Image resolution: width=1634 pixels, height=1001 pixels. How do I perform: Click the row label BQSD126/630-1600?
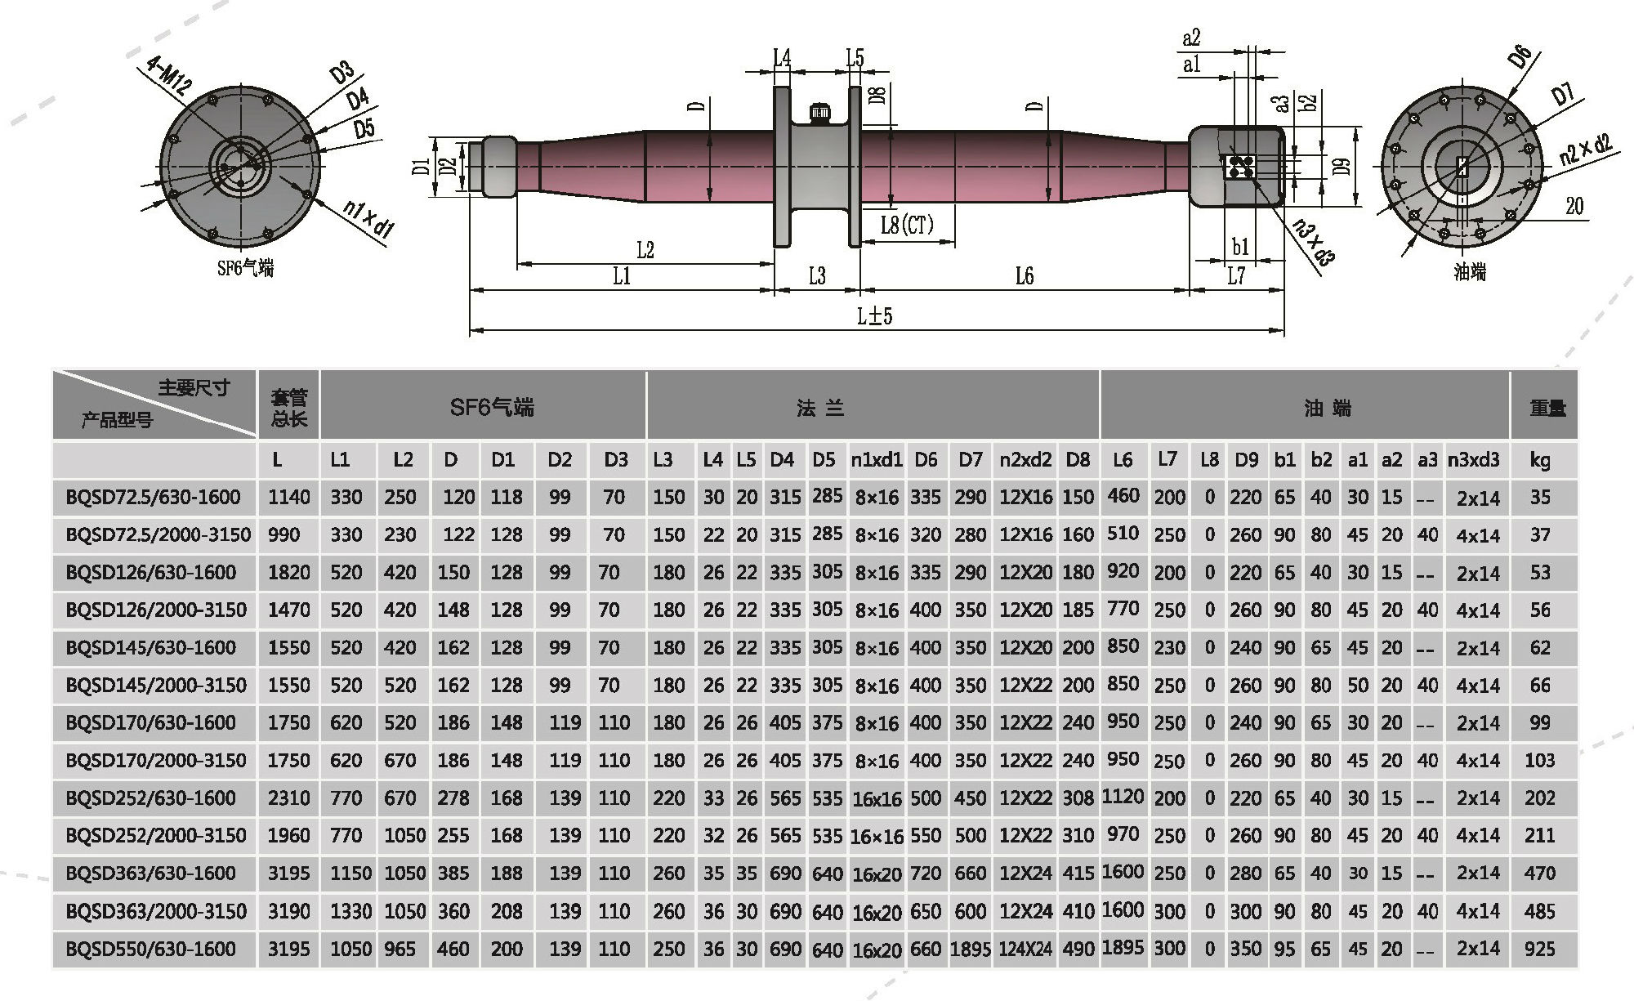pos(151,572)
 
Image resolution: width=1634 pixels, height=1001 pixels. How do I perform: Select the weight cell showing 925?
pos(1539,949)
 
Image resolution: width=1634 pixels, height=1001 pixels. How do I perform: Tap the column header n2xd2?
pos(1025,460)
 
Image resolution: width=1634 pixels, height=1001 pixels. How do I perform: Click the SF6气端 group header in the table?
pos(492,407)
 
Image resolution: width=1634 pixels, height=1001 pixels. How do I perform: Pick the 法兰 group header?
pos(820,407)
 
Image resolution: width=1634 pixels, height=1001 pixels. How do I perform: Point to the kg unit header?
pos(1539,460)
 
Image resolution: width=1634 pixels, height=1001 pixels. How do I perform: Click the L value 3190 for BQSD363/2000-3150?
pos(289,911)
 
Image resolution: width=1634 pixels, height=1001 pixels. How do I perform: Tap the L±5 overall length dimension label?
pos(874,315)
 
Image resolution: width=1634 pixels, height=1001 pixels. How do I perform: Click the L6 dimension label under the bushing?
pos(1025,276)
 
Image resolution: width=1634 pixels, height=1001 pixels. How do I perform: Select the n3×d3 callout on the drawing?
pos(1315,242)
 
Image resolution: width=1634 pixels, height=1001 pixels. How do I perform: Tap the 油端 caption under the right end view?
pos(1469,272)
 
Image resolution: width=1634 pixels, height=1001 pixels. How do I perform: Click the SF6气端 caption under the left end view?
pos(245,268)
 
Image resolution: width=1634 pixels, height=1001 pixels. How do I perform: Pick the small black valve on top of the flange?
pos(819,112)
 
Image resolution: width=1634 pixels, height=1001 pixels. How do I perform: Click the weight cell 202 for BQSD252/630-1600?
pos(1539,798)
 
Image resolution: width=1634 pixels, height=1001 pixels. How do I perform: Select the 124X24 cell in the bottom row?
pos(1025,949)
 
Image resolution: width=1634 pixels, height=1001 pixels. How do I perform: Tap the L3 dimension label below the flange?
pos(817,276)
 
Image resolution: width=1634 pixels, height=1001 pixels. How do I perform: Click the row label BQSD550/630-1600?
pos(151,949)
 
